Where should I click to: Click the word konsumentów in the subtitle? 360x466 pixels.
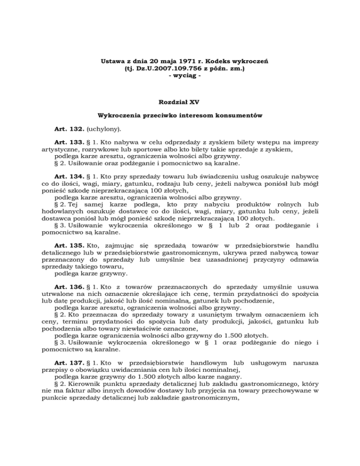(239, 114)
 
